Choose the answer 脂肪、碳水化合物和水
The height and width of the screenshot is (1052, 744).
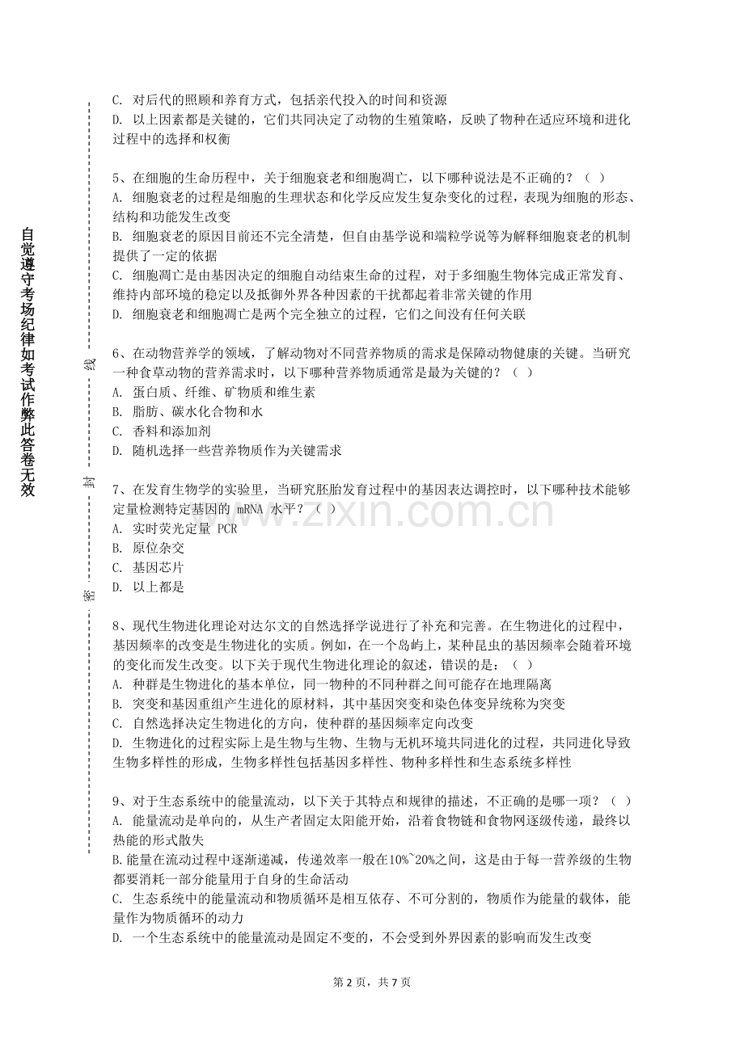pyautogui.click(x=198, y=412)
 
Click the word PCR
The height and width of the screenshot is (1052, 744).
pyautogui.click(x=227, y=529)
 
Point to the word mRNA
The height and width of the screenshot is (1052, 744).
pyautogui.click(x=256, y=510)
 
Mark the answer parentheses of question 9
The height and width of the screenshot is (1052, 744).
pyautogui.click(x=621, y=801)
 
